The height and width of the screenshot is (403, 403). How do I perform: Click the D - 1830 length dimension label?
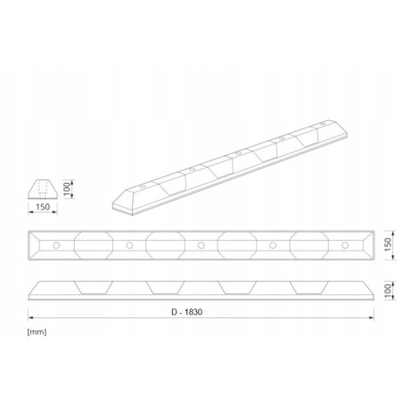tap(186, 312)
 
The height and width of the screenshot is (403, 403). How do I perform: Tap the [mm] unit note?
tap(37, 332)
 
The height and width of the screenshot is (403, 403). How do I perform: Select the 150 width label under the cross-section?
tap(43, 207)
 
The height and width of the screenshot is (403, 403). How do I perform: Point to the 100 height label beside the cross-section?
tap(67, 189)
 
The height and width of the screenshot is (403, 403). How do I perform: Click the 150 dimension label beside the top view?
tap(388, 244)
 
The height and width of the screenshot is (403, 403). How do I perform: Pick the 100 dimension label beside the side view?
tap(388, 291)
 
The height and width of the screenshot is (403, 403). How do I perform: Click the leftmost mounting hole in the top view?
tap(56, 245)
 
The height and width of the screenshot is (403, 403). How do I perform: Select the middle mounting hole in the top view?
tap(201, 245)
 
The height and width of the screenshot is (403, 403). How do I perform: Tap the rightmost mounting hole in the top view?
tap(345, 245)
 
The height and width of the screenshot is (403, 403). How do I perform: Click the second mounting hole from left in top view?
tap(129, 245)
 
